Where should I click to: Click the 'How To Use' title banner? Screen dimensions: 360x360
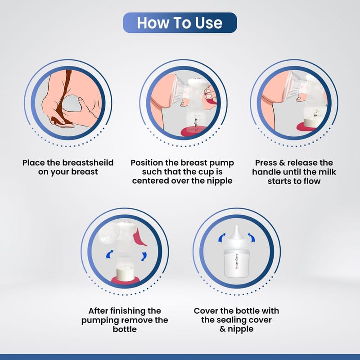[x=180, y=23]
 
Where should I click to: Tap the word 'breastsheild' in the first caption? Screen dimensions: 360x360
[x=88, y=162]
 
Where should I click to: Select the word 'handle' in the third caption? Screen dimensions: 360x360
[x=266, y=172]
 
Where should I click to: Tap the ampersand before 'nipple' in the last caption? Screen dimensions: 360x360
[x=222, y=329]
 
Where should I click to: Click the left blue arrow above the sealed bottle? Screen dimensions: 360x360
[x=221, y=238]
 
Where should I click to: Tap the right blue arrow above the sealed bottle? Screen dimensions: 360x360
[x=252, y=238]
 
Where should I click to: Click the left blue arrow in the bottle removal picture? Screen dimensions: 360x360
[x=109, y=254]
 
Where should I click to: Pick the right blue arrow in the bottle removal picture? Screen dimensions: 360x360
[x=144, y=256]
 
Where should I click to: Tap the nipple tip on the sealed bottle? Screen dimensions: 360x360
[x=237, y=228]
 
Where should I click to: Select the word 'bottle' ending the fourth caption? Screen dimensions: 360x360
[x=125, y=329]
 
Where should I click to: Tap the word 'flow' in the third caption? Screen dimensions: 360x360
[x=312, y=181]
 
